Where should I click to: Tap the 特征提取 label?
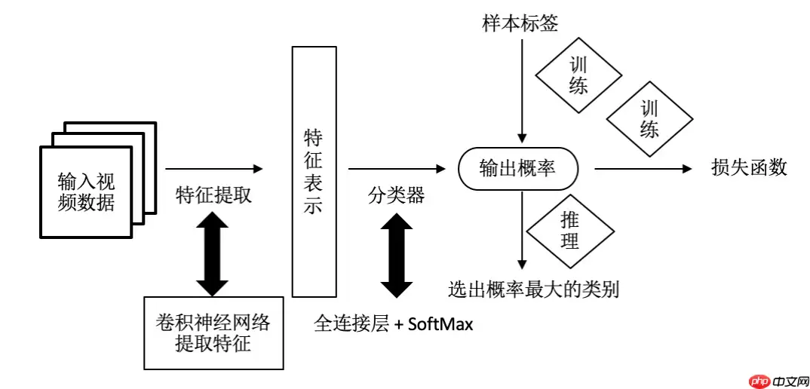213,196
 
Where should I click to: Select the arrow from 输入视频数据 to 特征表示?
214,169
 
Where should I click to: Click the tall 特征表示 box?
313,171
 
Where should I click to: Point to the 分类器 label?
396,196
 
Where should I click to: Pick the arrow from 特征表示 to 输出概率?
396,169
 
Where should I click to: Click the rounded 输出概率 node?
518,169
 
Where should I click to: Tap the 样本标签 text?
520,23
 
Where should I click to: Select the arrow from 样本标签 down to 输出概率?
520,90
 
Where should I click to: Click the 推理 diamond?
569,231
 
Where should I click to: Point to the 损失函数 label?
749,167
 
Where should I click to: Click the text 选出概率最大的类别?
533,289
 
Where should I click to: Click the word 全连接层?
351,325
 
